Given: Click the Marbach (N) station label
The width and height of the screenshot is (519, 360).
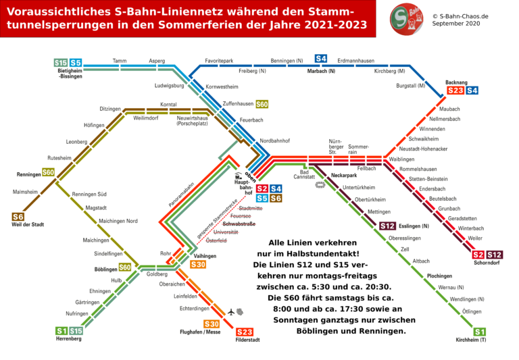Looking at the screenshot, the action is [x=321, y=71].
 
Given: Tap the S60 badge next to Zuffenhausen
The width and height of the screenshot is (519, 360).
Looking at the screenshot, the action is [x=262, y=104].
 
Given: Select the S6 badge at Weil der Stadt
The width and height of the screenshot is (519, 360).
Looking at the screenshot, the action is [x=18, y=217].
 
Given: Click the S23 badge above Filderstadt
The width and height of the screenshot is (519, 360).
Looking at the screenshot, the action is [x=245, y=332].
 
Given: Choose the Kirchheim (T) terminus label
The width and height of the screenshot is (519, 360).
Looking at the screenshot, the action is [x=471, y=340].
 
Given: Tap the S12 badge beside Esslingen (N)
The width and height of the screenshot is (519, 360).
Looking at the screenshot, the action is [x=388, y=226].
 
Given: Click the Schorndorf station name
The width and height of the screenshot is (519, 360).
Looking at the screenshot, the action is [x=487, y=263].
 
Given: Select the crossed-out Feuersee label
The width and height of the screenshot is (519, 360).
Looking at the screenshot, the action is [x=241, y=216].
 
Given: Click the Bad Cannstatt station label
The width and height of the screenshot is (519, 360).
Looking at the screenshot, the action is [x=305, y=176].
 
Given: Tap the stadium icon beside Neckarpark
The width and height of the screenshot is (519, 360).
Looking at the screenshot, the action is [x=321, y=185].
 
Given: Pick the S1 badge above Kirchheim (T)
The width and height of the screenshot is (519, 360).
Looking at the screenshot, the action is [x=479, y=332].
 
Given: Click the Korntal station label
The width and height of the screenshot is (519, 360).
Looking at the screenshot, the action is [x=168, y=105].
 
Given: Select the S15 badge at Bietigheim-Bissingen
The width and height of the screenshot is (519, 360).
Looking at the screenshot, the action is [x=61, y=63].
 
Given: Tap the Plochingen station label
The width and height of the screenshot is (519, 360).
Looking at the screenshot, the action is [x=439, y=276].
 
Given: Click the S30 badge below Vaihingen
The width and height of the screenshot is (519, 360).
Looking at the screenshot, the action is [x=198, y=265].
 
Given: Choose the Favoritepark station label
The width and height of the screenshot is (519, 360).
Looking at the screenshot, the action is [x=219, y=61].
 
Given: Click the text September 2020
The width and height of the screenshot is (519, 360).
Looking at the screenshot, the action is [x=457, y=23].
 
